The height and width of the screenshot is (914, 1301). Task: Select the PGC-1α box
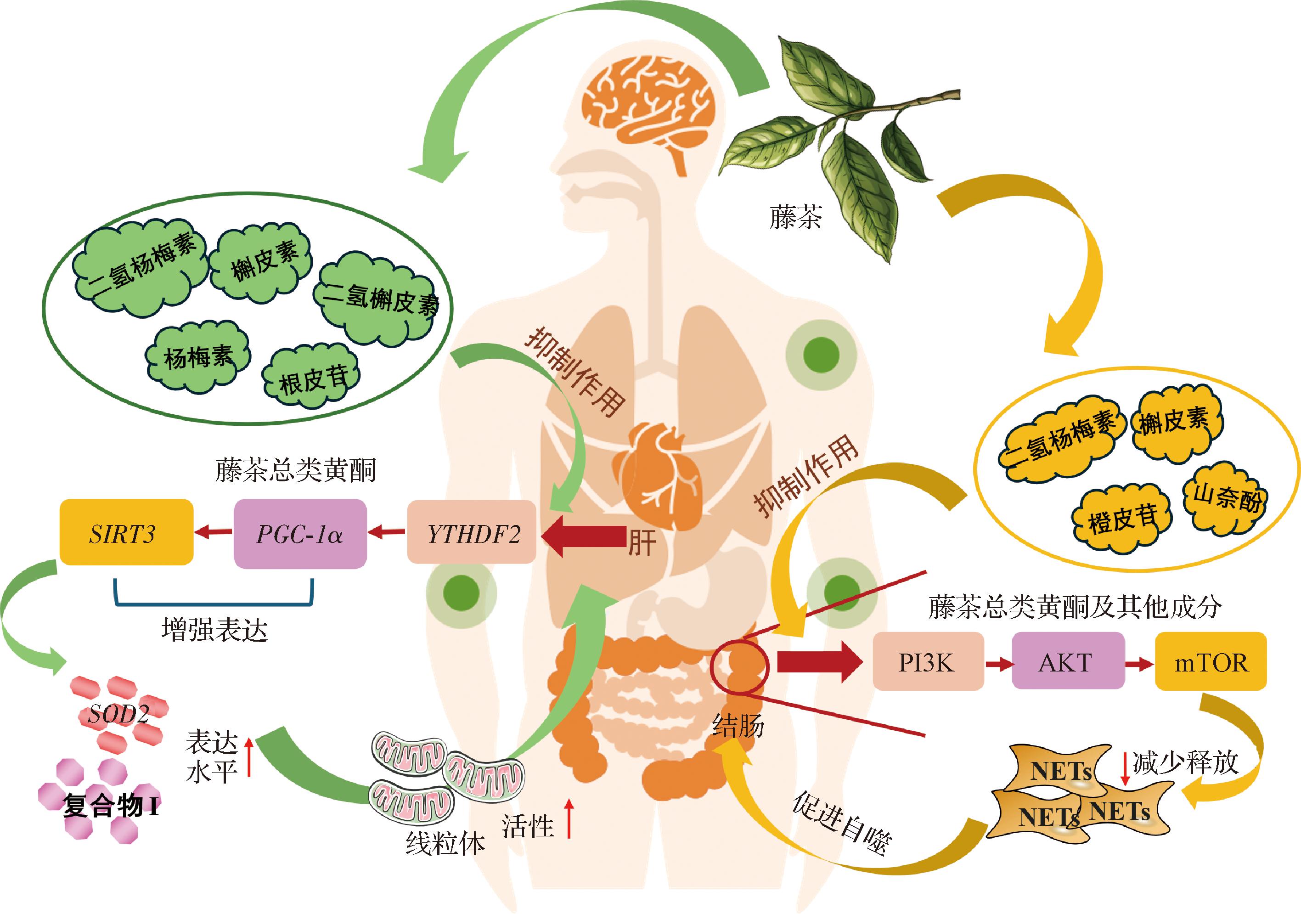coord(300,533)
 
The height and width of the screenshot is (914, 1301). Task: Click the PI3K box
coord(928,661)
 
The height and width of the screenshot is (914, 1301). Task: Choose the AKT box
coord(1068,661)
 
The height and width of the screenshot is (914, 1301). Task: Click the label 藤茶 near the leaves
coord(794,217)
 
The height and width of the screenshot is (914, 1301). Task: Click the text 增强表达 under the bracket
coord(214,629)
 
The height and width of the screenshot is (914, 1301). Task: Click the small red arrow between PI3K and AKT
coord(998,663)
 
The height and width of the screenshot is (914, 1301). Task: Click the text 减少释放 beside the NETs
coord(1185,763)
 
